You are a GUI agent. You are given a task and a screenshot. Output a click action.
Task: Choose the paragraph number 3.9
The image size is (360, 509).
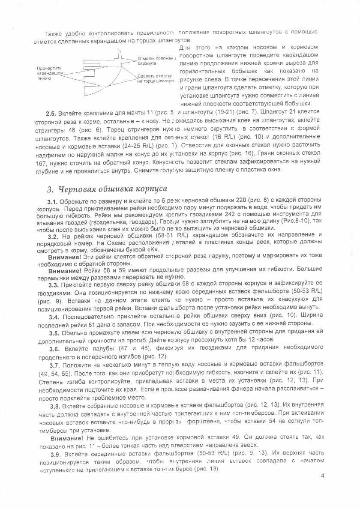click(x=55, y=453)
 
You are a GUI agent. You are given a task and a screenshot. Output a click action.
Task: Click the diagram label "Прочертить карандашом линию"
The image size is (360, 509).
click(x=50, y=73)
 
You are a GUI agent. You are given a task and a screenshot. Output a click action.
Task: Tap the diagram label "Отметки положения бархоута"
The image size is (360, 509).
click(x=156, y=60)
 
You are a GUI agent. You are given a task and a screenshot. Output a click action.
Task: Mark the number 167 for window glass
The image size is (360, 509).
click(x=42, y=164)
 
